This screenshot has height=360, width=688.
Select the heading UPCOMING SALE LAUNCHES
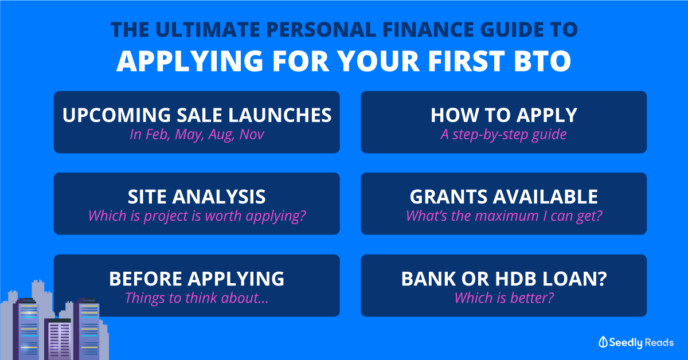pyautogui.click(x=197, y=115)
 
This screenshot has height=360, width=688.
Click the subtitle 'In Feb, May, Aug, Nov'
pyautogui.click(x=197, y=135)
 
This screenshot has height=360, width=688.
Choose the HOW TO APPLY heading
pyautogui.click(x=504, y=115)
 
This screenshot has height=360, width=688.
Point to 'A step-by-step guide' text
pyautogui.click(x=504, y=135)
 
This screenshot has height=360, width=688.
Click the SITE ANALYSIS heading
pyautogui.click(x=197, y=197)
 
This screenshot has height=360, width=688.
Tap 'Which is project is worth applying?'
pyautogui.click(x=197, y=216)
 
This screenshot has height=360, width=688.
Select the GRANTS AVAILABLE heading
pyautogui.click(x=504, y=197)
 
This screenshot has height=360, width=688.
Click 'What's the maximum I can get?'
pyautogui.click(x=504, y=216)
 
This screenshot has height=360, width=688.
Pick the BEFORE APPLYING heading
pyautogui.click(x=197, y=279)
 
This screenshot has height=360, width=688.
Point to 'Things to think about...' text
pyautogui.click(x=197, y=298)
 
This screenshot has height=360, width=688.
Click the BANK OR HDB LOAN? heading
pyautogui.click(x=504, y=279)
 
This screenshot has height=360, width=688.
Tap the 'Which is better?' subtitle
pyautogui.click(x=504, y=298)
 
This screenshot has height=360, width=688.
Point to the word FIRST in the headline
pyautogui.click(x=466, y=61)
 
